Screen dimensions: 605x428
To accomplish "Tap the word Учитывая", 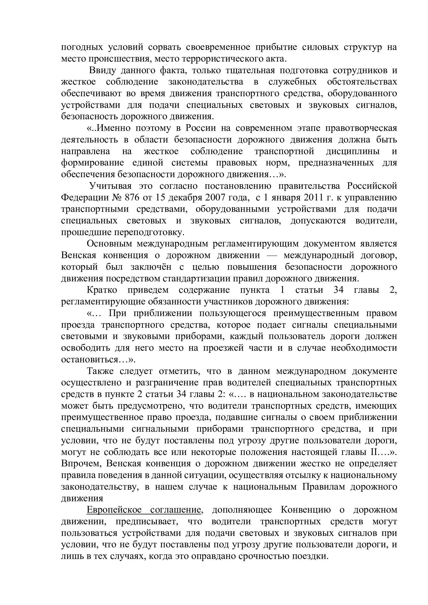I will coord(110,186).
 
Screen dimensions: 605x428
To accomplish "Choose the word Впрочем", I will coord(81,464).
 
